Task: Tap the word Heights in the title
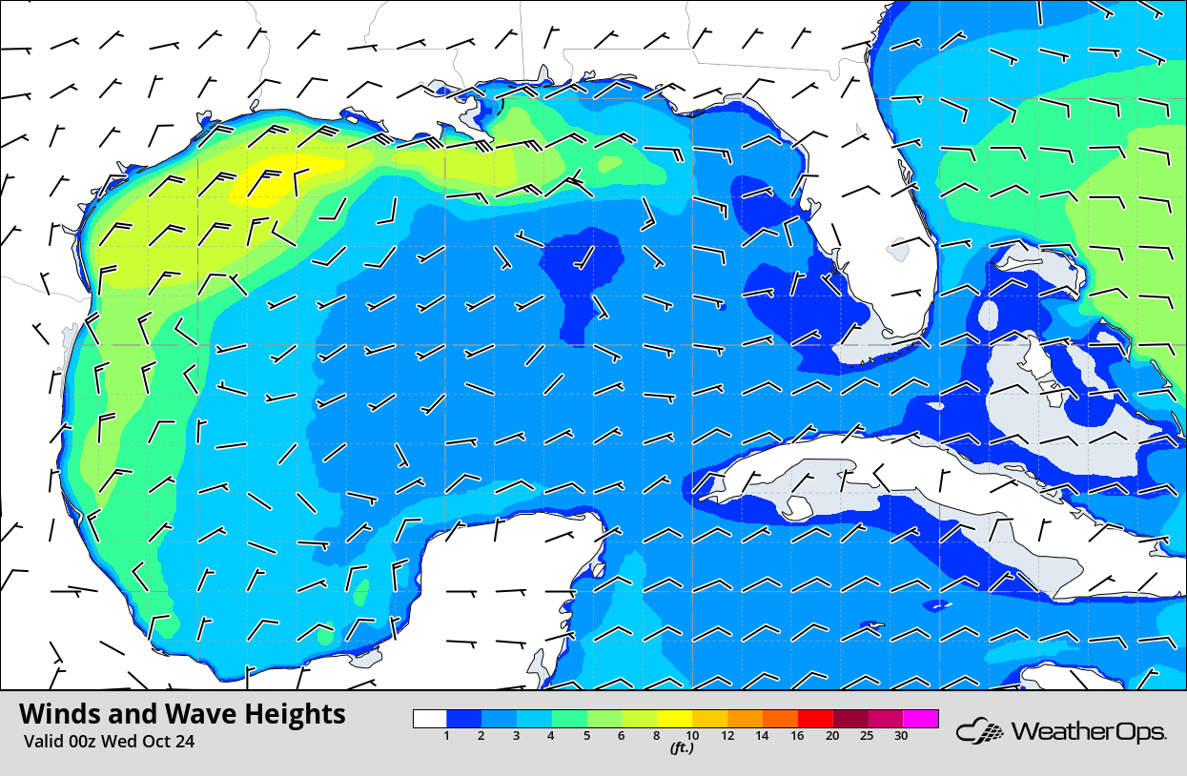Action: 293,714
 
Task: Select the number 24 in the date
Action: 184,742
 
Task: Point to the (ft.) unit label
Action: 681,748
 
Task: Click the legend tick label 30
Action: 901,736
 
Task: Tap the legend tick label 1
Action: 446,736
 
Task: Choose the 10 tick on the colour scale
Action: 691,736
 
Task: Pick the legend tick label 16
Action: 796,736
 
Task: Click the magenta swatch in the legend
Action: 921,719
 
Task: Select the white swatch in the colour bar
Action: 430,719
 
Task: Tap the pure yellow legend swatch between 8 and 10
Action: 674,719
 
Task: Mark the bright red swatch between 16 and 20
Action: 814,719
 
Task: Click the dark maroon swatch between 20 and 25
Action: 849,719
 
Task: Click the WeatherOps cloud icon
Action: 980,732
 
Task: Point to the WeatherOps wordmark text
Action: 1088,732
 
